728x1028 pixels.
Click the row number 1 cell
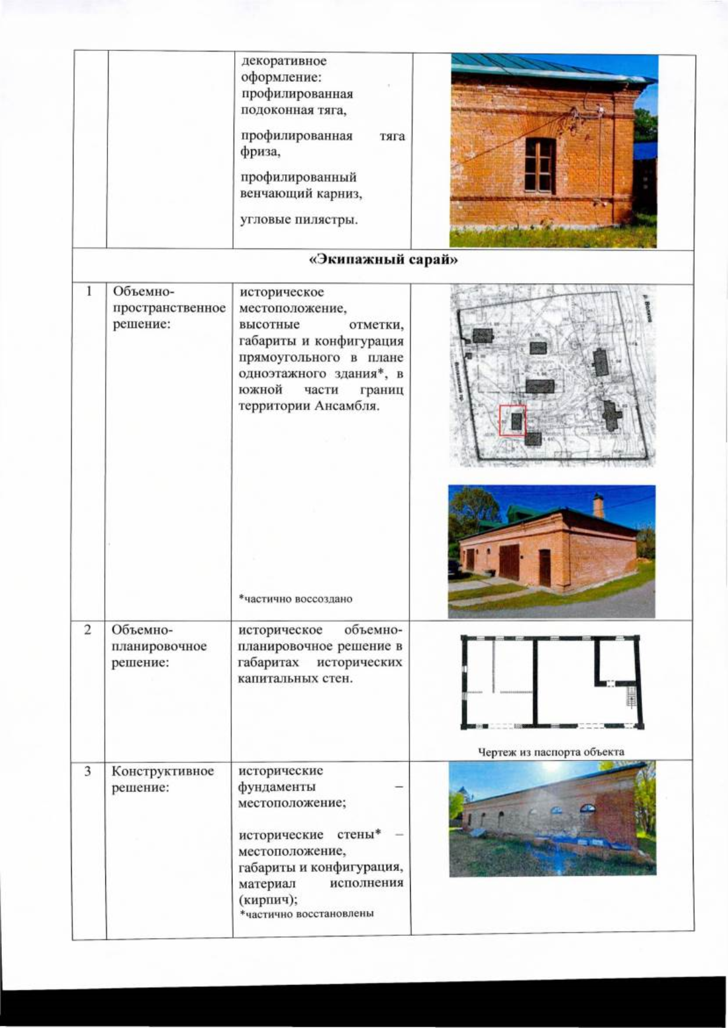[89, 292]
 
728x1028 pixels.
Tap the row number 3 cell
[88, 771]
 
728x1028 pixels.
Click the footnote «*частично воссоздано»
[295, 599]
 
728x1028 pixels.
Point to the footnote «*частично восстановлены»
[306, 913]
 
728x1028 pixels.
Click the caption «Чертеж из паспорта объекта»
[551, 752]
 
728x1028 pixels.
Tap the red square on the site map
[513, 420]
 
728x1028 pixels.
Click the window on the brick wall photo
[540, 165]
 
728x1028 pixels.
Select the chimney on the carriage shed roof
[599, 505]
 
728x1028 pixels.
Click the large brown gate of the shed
[509, 562]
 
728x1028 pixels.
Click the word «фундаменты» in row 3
[277, 787]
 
